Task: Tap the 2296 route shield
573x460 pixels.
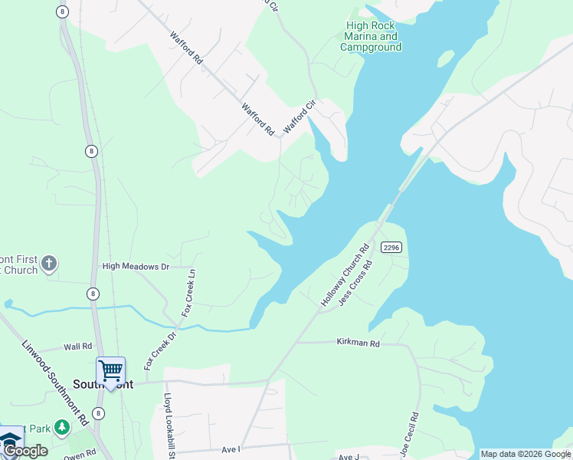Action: tap(391, 247)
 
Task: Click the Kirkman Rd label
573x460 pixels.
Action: tap(358, 344)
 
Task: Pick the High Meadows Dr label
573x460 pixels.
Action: tap(136, 267)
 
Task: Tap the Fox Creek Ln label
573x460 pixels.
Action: tap(188, 293)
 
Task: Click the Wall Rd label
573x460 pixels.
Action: tap(78, 347)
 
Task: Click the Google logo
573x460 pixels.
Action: tap(25, 451)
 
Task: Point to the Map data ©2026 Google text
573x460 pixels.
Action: tap(526, 454)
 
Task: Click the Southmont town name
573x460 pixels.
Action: tap(103, 384)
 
